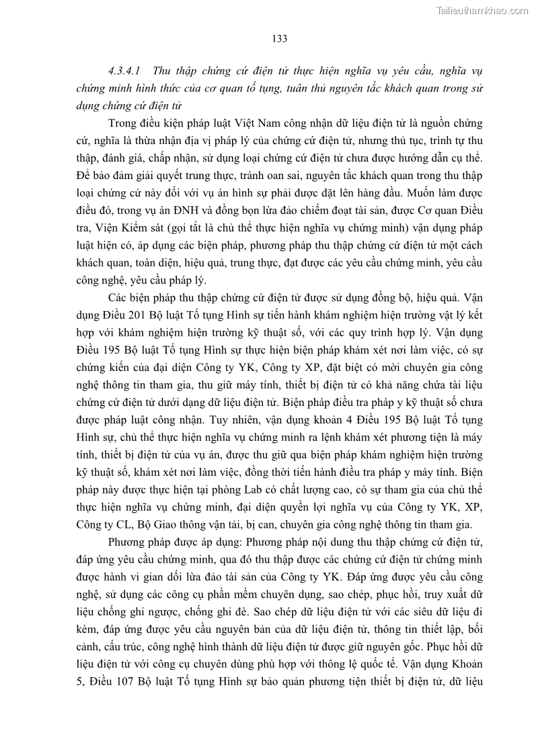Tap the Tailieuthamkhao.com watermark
coord(483,10)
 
